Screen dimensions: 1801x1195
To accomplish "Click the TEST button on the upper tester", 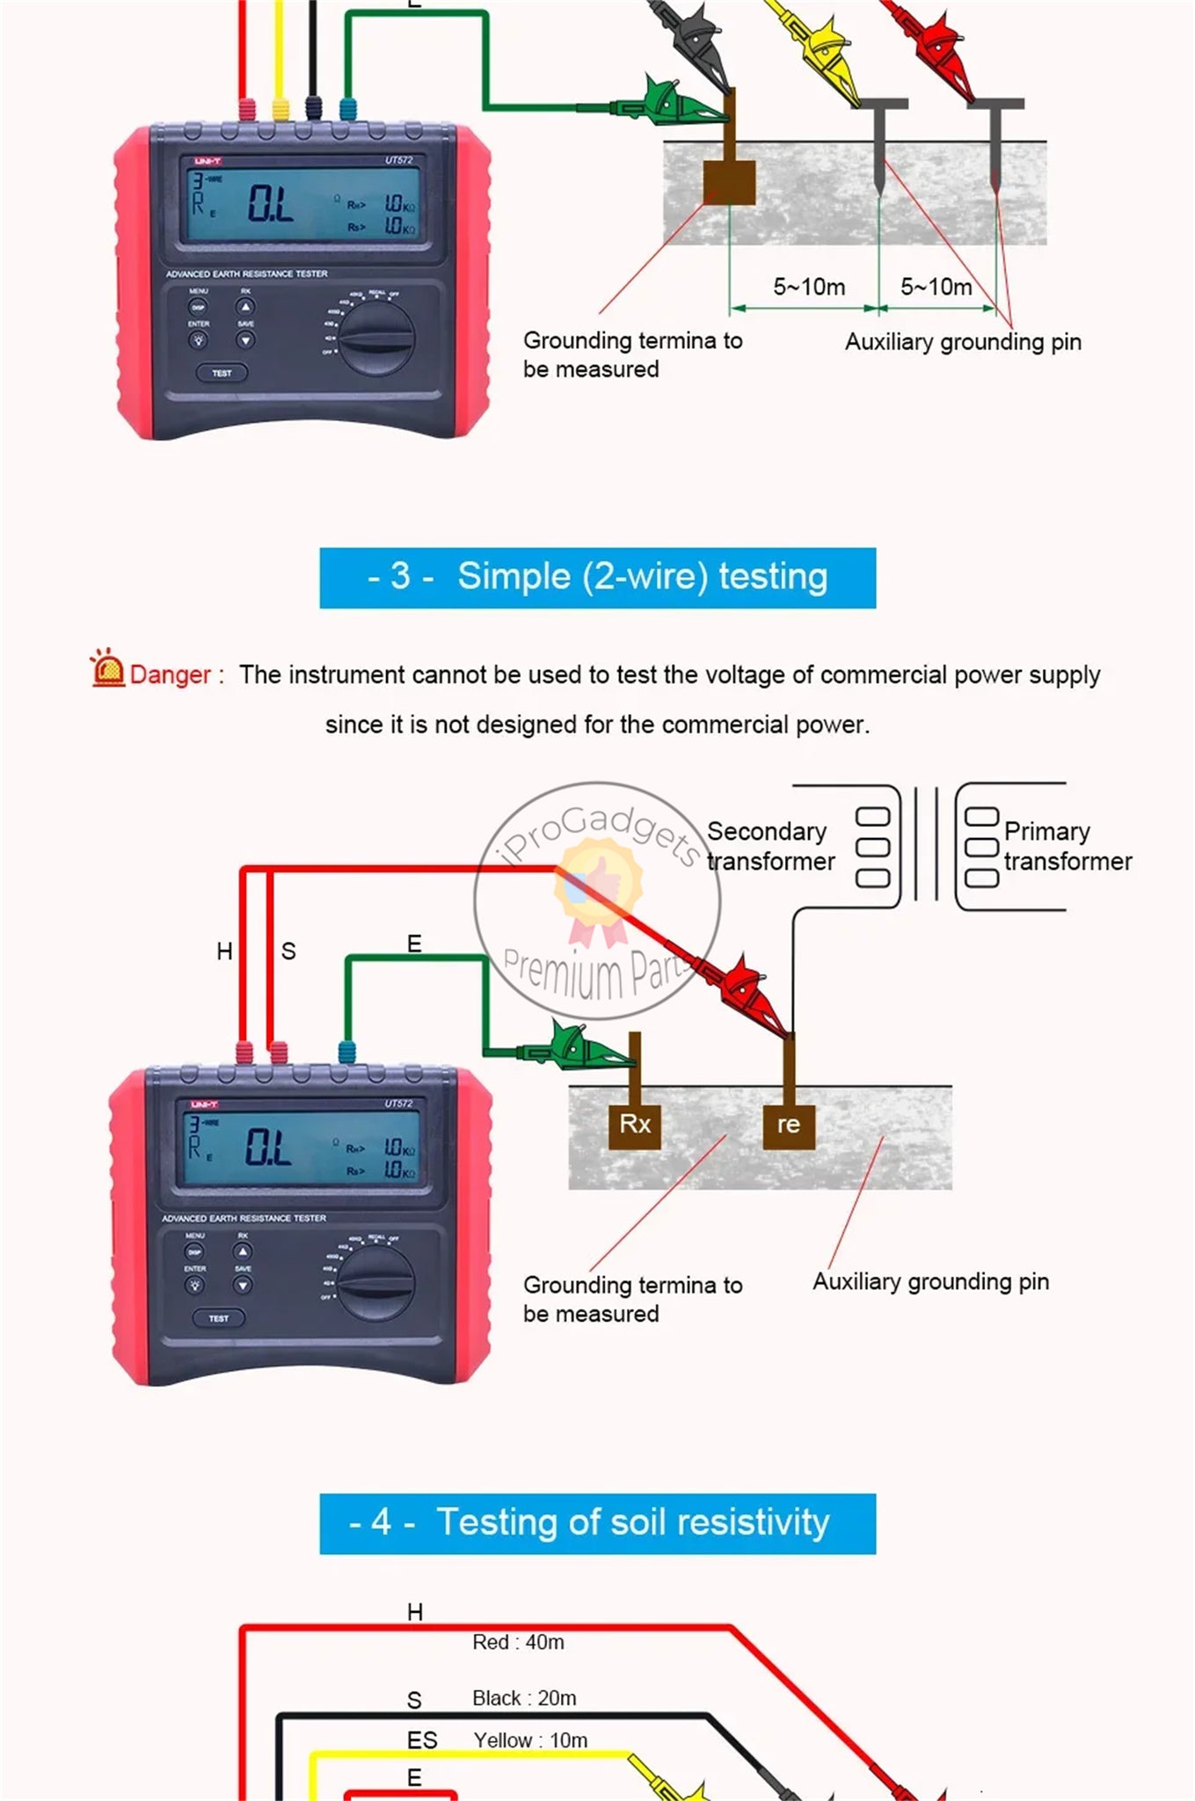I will point(221,374).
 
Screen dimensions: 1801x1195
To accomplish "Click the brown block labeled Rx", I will point(635,1124).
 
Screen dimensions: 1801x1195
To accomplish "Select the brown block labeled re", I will point(789,1124).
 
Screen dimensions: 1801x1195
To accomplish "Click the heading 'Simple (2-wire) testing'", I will point(598,578).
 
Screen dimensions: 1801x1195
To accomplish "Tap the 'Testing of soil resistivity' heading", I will point(598,1523).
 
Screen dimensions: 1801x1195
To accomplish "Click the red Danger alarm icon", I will point(108,669).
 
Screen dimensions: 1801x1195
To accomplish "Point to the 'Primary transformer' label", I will point(1067,846).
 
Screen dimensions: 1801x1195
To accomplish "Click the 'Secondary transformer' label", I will point(770,846).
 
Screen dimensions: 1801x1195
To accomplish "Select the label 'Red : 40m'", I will point(518,1643).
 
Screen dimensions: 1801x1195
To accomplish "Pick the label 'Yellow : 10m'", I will point(530,1740).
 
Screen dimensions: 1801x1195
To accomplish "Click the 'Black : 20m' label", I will point(524,1698).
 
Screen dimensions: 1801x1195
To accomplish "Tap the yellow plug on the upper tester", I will point(281,109).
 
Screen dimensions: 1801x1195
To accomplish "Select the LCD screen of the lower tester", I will point(302,1148).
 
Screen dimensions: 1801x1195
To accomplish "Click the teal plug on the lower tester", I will point(347,1052).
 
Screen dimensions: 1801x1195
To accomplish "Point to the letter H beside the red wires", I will point(225,952).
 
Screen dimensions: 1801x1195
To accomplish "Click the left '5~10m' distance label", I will point(809,288).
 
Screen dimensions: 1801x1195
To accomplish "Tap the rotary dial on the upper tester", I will point(378,339).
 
